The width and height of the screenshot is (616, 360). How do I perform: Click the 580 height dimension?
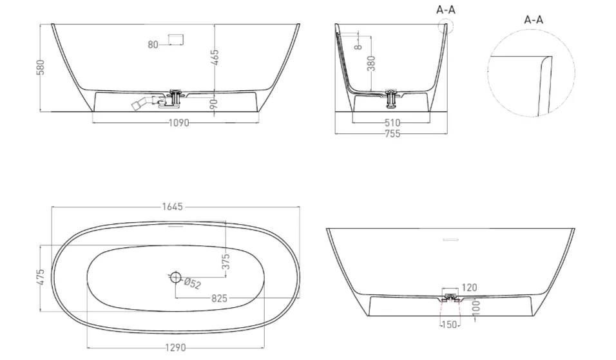coord(41,67)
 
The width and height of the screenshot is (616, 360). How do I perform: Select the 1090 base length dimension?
coord(178,123)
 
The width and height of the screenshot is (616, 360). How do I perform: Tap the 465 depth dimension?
coord(215,57)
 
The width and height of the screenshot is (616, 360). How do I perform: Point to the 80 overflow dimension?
coord(153,44)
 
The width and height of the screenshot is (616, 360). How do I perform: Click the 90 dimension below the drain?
coord(214,104)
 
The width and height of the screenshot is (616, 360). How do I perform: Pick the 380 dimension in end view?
coord(371,63)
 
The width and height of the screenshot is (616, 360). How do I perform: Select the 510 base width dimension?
coord(392,123)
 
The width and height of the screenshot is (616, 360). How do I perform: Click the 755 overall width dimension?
coord(392,134)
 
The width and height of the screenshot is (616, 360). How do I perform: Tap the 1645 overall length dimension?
coord(173,207)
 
